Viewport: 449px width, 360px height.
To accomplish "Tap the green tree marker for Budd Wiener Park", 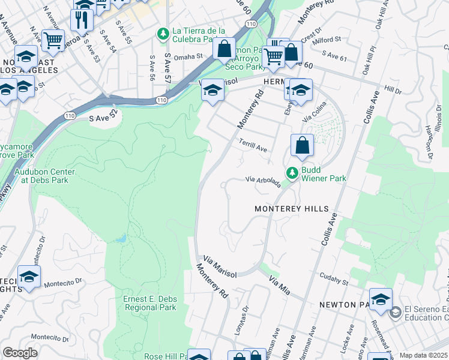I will [x=292, y=173].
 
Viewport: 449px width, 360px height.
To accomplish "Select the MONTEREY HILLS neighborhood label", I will [x=292, y=209].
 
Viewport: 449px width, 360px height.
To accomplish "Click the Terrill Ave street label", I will [x=253, y=146].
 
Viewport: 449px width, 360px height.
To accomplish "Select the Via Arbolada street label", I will [x=263, y=181].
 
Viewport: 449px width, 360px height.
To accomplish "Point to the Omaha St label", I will [x=193, y=57].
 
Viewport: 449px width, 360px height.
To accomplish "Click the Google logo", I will [x=20, y=353].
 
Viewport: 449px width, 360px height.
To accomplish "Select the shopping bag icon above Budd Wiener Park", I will [x=302, y=145].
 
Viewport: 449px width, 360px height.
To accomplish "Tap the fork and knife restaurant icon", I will [x=81, y=20].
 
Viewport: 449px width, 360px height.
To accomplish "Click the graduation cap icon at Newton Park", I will [x=381, y=299].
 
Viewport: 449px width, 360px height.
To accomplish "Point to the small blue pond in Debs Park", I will [x=122, y=239].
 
